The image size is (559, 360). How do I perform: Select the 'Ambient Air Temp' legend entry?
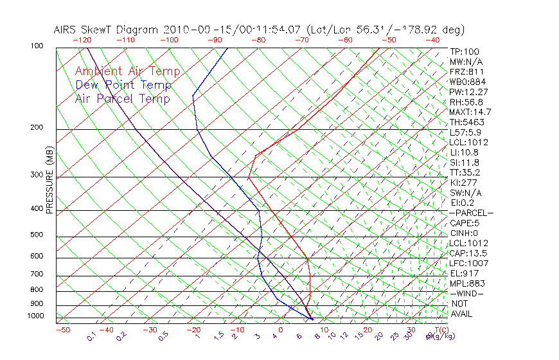pyautogui.click(x=127, y=71)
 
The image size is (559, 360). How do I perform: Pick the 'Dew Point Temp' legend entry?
pyautogui.click(x=123, y=85)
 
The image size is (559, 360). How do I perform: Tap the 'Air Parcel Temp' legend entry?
pyautogui.click(x=122, y=98)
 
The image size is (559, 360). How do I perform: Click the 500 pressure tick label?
pyautogui.click(x=36, y=235)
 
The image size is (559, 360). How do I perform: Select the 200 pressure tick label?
pyautogui.click(x=36, y=127)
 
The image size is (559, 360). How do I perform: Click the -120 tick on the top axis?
pyautogui.click(x=82, y=40)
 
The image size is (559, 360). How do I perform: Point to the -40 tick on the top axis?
pyautogui.click(x=433, y=40)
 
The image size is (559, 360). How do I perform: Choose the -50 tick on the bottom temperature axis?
pyautogui.click(x=62, y=330)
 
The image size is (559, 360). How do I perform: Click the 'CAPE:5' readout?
pyautogui.click(x=465, y=223)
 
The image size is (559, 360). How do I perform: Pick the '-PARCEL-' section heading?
pyautogui.click(x=471, y=213)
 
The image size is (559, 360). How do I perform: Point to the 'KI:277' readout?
pyautogui.click(x=463, y=183)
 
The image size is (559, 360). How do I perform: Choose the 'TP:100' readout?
pyautogui.click(x=465, y=52)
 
